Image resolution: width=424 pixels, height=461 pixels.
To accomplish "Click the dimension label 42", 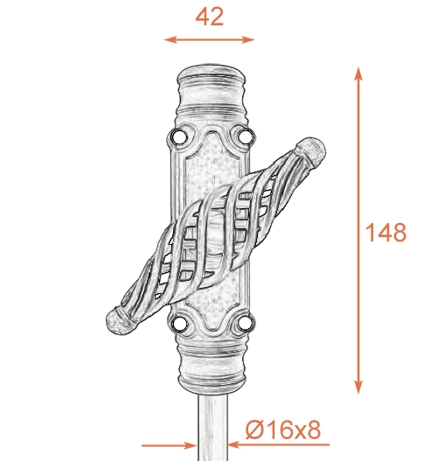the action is point(209,17).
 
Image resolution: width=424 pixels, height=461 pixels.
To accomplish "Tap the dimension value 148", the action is point(386,233).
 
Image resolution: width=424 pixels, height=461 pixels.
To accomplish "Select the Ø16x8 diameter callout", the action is point(282,430).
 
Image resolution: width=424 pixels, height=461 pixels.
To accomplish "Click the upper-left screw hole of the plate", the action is point(178,136).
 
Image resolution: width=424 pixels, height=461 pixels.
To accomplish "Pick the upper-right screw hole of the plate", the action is point(245,136).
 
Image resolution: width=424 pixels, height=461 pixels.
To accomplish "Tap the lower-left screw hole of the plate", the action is point(178,324).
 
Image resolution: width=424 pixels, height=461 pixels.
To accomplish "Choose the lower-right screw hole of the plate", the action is point(245,323).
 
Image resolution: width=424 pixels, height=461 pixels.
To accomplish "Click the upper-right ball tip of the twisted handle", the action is point(311,150).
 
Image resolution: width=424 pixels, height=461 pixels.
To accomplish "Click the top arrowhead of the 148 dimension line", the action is point(358,73).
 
